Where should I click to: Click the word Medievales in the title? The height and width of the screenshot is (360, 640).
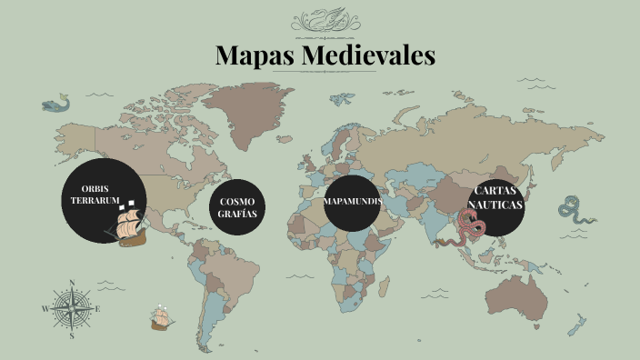pos(367,55)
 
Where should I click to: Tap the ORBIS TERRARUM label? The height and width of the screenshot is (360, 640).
pos(95,193)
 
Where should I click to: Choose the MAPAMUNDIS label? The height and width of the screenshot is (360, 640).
pos(352,200)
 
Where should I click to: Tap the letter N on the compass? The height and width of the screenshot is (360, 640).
pos(72,283)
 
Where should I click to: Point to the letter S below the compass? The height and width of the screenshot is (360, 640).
pos(72,336)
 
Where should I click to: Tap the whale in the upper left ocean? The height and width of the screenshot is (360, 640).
pos(55,105)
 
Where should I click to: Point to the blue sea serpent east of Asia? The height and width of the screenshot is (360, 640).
pos(575,211)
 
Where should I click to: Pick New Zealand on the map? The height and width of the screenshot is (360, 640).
pos(577,324)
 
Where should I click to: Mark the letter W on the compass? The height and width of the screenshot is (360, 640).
pos(45,309)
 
